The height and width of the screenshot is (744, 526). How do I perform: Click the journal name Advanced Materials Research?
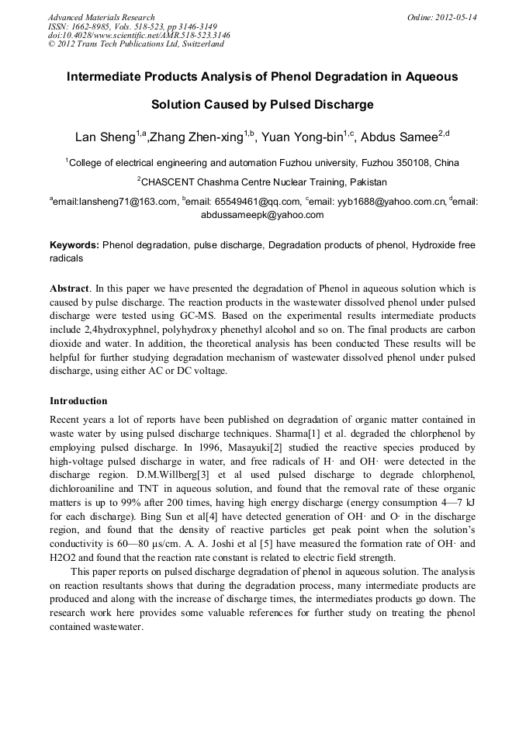pos(101,17)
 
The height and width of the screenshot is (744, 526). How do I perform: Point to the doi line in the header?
pos(139,35)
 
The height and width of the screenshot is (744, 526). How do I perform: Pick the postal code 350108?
pos(415,163)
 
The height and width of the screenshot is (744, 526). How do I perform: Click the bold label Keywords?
pos(74,244)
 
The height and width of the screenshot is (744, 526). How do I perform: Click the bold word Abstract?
pos(69,287)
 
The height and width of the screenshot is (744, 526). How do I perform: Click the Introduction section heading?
pos(78,401)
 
